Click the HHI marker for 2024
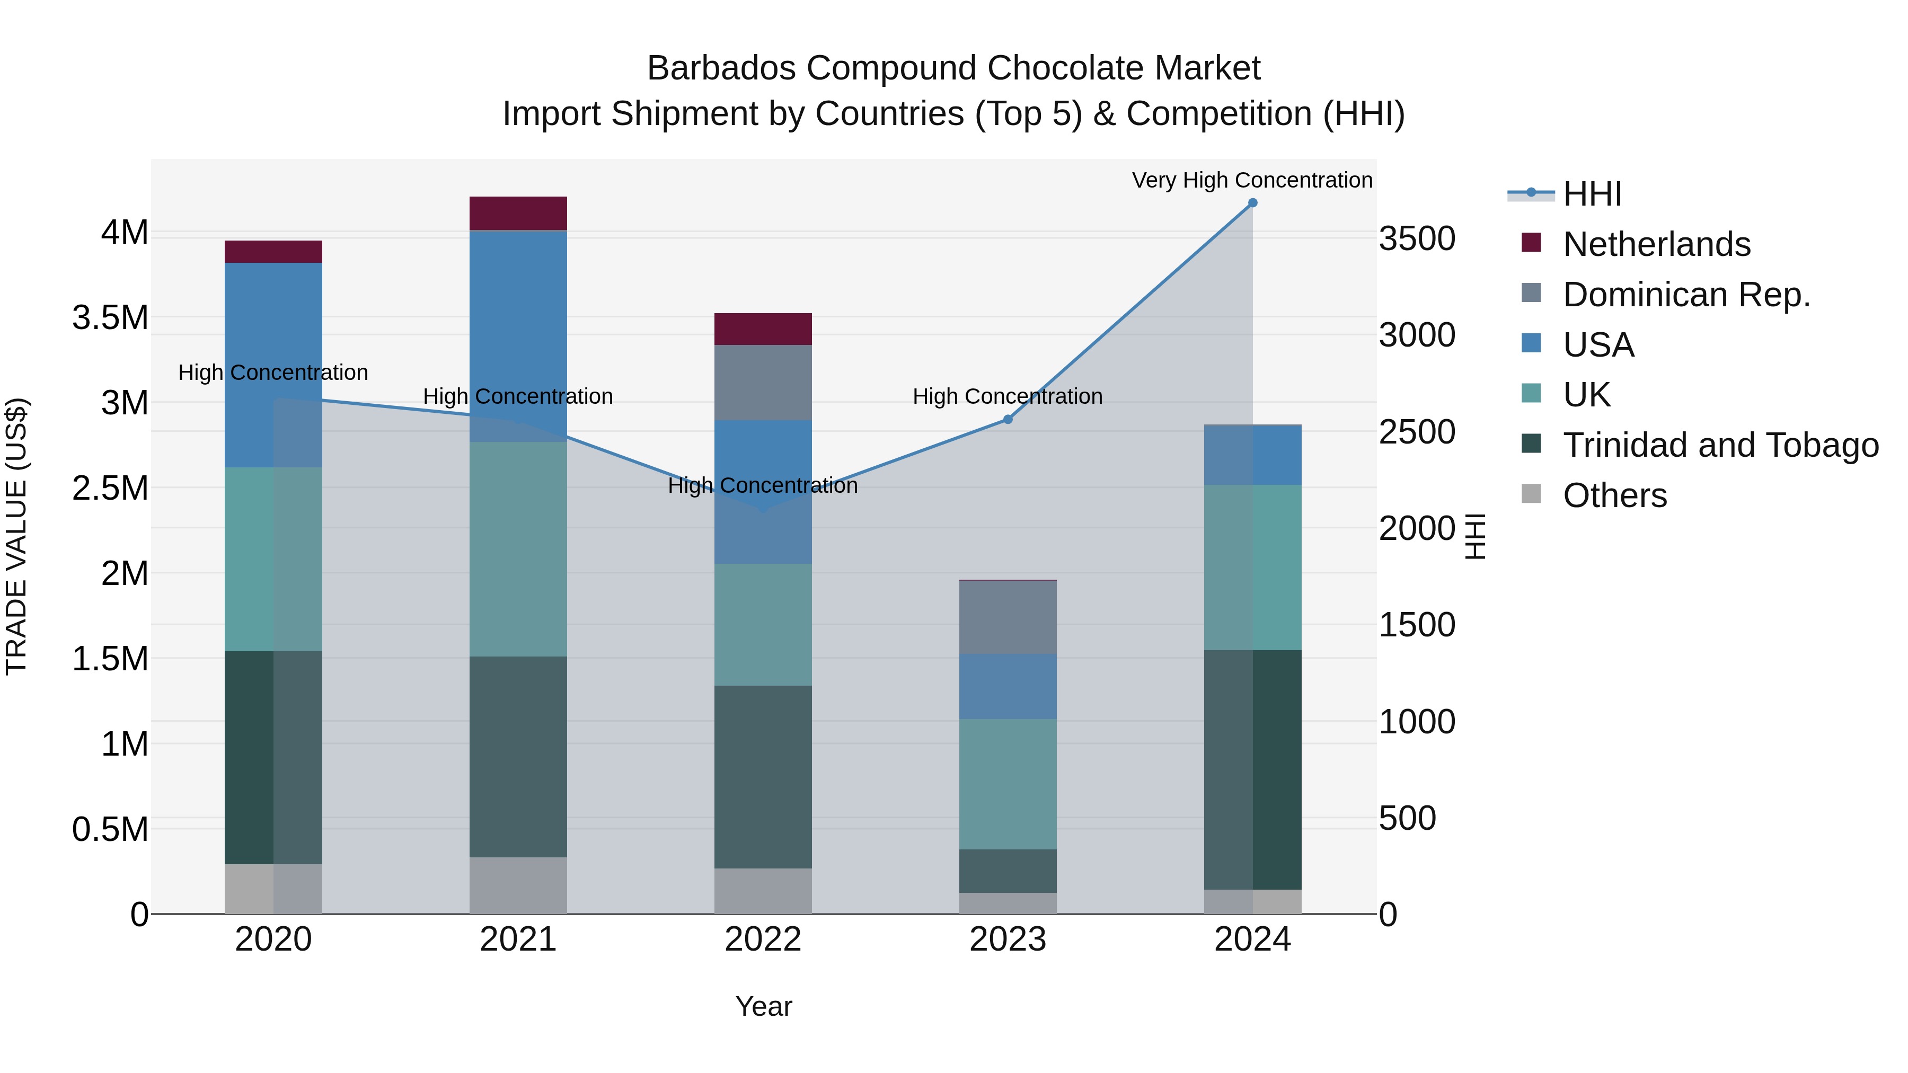[1252, 203]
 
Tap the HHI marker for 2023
[1008, 419]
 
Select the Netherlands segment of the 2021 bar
[518, 213]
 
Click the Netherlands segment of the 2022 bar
[763, 329]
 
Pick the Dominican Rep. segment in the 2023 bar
[1008, 617]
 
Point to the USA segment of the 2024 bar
[1252, 455]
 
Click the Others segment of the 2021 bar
[518, 885]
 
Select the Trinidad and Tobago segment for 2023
[1008, 871]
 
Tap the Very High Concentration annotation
[1252, 180]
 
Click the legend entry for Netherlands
[1656, 244]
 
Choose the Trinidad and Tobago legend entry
[1720, 445]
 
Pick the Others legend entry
[1615, 495]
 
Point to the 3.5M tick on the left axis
[110, 318]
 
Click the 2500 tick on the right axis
[1417, 432]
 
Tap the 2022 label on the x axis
[763, 939]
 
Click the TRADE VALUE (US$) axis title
[16, 536]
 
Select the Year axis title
[764, 1006]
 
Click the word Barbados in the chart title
[721, 68]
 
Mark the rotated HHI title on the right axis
[1476, 536]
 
